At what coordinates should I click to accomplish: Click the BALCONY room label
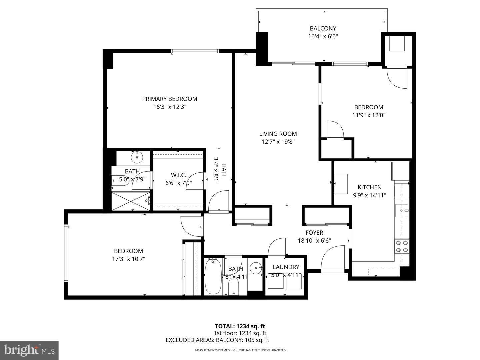[x=323, y=28]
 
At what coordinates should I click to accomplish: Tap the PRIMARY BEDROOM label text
[x=169, y=99]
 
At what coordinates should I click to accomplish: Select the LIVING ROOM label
[x=278, y=134]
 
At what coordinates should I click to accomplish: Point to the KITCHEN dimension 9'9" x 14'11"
[x=369, y=195]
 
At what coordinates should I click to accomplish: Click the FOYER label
[x=314, y=233]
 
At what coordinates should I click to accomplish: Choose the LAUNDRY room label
[x=286, y=267]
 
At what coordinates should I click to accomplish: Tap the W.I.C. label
[x=178, y=175]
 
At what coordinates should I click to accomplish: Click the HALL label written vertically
[x=224, y=170]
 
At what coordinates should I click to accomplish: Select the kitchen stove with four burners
[x=401, y=246]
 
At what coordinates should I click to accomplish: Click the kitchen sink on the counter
[x=401, y=210]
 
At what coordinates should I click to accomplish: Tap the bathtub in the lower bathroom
[x=211, y=276]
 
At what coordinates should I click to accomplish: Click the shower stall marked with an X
[x=131, y=201]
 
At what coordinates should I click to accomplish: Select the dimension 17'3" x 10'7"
[x=128, y=259]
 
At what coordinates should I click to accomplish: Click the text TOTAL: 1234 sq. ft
[x=240, y=326]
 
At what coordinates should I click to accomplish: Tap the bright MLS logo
[x=29, y=350]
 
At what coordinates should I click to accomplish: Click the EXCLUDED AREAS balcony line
[x=217, y=340]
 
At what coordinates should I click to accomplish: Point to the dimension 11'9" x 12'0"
[x=369, y=115]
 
